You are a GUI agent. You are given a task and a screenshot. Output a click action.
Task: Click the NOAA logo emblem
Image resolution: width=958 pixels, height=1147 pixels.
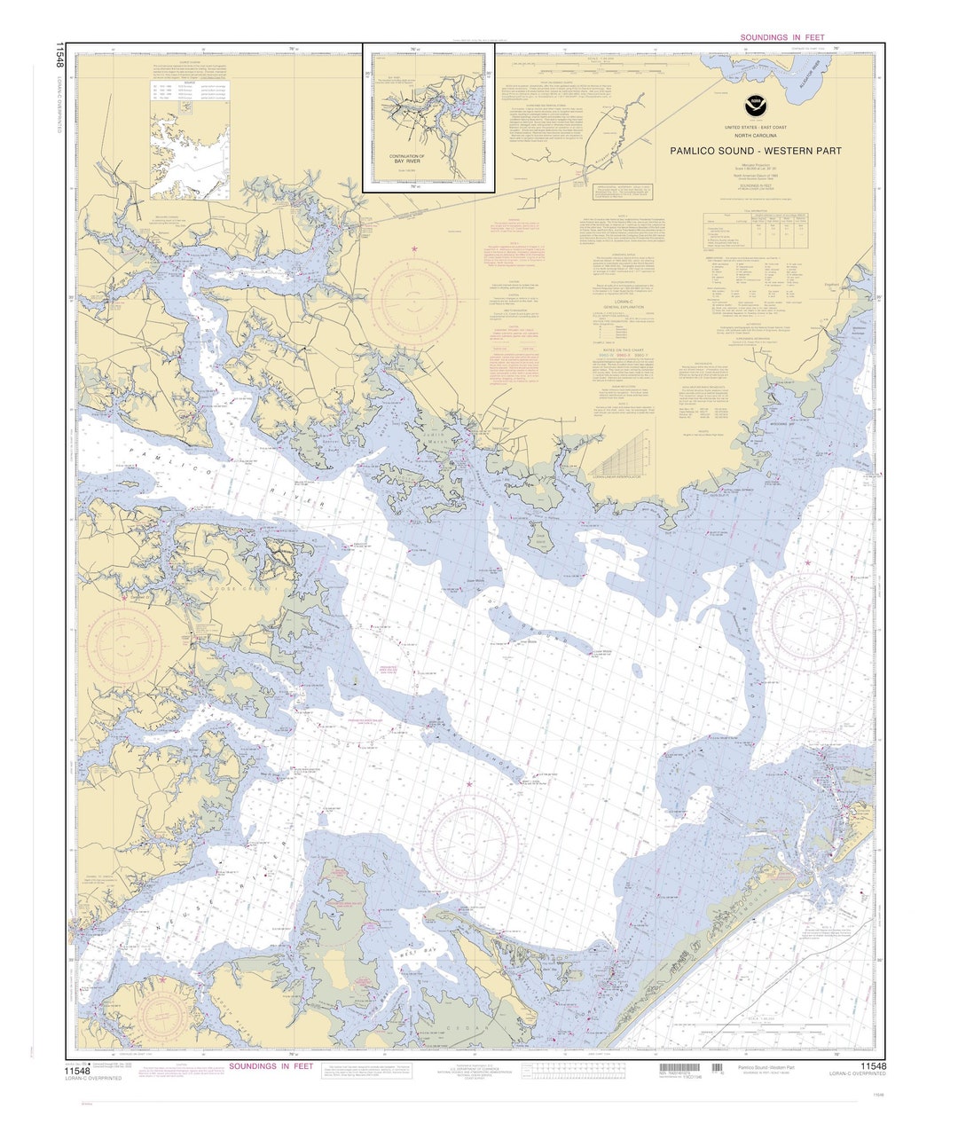[755, 105]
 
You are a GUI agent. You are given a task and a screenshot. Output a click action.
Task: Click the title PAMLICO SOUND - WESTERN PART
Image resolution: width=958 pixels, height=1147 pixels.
[756, 151]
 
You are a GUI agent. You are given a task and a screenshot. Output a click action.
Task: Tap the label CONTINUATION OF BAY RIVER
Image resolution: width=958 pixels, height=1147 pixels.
[407, 160]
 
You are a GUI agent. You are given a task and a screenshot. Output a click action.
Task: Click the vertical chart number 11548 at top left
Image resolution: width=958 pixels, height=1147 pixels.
[59, 55]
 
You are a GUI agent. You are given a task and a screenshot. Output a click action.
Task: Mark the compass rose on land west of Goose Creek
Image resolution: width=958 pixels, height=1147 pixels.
[126, 645]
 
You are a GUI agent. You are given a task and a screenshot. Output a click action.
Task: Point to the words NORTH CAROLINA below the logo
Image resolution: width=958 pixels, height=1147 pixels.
[755, 135]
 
